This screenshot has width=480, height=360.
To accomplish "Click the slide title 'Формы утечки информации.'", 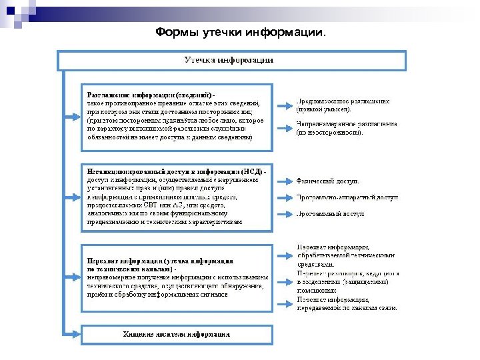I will coord(240,32).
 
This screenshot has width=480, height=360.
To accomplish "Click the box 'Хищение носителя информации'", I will coord(177,333).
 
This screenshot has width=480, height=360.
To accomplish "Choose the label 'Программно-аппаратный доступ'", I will coord(347,197).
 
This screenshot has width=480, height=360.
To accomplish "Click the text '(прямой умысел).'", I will coord(323,109).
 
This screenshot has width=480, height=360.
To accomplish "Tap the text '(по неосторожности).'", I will coord(330,132).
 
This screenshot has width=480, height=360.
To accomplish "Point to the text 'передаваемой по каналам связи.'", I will coord(347,308).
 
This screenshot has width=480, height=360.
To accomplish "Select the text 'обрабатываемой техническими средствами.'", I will coord(346,259).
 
